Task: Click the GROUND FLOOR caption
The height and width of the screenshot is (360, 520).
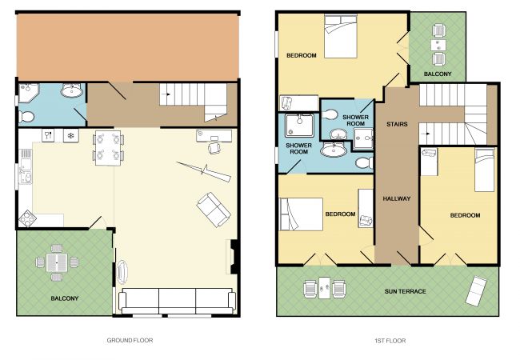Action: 130,340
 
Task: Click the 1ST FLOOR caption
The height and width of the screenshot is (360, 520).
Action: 390,341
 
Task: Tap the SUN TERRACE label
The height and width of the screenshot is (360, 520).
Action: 405,291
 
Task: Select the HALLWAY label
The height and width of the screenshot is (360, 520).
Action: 397,198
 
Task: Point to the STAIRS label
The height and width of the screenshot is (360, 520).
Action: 397,124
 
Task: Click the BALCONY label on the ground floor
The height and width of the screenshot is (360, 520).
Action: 64,298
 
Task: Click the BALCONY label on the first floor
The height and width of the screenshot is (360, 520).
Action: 438,74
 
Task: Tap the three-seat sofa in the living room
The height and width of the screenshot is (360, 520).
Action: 177,301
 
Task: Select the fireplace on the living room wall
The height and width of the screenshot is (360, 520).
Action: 234,256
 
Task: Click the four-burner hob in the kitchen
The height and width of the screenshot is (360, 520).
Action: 27,219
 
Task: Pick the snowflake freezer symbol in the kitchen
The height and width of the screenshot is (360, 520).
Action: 70,135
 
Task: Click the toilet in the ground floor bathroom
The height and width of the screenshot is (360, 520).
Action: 26,117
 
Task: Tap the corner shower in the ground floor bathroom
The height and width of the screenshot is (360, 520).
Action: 28,93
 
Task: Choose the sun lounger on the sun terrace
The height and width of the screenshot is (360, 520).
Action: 476,290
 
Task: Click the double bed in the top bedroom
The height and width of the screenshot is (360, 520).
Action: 340,36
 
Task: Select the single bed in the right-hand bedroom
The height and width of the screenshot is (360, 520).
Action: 484,170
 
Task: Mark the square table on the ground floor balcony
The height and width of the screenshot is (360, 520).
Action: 57,262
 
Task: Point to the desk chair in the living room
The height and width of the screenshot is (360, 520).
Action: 214,147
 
